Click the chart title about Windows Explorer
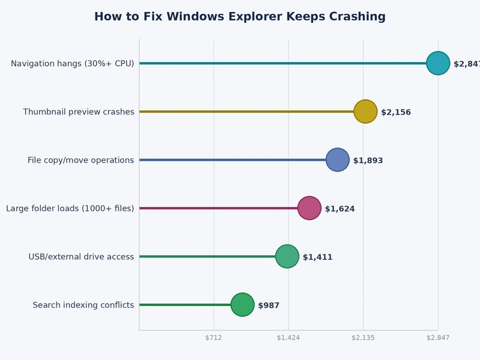click(x=240, y=17)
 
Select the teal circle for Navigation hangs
click(x=438, y=63)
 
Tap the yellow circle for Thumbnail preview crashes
click(x=365, y=111)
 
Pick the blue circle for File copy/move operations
click(x=338, y=160)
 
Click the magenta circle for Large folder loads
click(x=310, y=208)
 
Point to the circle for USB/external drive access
click(x=287, y=256)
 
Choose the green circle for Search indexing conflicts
click(x=242, y=305)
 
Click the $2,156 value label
click(x=396, y=112)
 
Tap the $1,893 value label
click(x=368, y=161)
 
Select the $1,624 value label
click(x=340, y=209)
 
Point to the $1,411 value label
click(x=317, y=257)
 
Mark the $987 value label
click(x=269, y=305)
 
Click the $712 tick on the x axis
click(x=214, y=338)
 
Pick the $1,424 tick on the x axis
click(x=289, y=338)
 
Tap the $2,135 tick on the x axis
click(x=363, y=338)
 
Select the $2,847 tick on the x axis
click(x=438, y=338)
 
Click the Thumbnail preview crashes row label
click(x=79, y=112)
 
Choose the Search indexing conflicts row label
click(x=83, y=305)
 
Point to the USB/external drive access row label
click(x=81, y=257)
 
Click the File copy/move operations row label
click(x=81, y=160)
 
